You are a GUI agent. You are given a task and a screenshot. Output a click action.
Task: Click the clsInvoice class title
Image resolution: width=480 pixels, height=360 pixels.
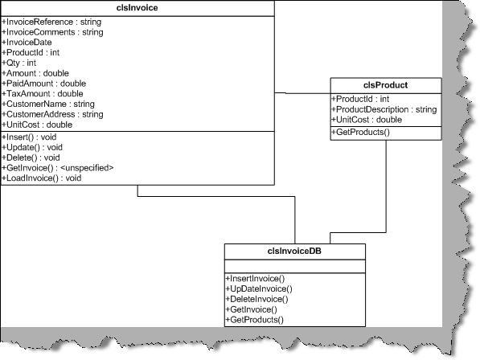point(137,8)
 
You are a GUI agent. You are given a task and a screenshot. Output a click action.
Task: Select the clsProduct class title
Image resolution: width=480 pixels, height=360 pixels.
point(385,85)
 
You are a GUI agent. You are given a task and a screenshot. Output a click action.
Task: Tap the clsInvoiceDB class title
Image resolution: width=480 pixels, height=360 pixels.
point(294,251)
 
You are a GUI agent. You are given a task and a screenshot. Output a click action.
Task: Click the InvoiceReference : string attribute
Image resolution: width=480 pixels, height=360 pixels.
point(51,22)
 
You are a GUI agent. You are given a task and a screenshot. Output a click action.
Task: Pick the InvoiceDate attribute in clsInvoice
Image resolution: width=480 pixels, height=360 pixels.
point(27,43)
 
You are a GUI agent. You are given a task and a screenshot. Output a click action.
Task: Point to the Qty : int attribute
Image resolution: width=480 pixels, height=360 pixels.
point(19,63)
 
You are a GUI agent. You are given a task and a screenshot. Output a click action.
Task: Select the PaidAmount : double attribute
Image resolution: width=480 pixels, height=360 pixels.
point(43,84)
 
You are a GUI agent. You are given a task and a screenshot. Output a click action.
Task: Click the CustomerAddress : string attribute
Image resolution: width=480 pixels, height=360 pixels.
point(52,114)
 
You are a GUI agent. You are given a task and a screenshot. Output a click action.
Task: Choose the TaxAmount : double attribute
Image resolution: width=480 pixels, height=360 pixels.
point(43,93)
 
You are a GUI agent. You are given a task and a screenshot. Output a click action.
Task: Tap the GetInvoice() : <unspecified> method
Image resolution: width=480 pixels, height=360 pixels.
point(58,168)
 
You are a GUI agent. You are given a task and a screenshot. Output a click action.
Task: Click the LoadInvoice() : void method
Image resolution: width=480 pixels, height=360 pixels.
point(41,178)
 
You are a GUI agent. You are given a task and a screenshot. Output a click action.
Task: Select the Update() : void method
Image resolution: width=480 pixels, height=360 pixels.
point(32,147)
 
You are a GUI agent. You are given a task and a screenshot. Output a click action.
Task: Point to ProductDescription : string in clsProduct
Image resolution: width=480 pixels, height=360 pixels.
point(384,109)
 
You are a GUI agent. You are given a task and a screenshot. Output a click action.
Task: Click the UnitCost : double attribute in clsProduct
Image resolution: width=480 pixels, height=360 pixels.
point(367,120)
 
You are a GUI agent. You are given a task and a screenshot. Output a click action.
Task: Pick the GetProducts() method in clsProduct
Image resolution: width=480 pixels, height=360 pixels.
point(361,132)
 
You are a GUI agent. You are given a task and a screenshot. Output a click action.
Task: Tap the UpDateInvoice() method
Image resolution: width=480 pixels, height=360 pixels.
point(259,288)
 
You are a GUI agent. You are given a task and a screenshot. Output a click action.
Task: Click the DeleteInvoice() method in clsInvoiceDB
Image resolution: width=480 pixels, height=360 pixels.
point(256,299)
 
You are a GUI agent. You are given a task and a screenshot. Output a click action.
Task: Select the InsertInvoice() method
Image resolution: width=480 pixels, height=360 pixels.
point(255,279)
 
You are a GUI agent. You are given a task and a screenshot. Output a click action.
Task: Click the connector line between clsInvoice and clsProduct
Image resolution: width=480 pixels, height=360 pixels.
point(302,93)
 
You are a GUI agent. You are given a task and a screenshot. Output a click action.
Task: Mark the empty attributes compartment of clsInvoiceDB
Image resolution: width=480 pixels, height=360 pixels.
point(295,267)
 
